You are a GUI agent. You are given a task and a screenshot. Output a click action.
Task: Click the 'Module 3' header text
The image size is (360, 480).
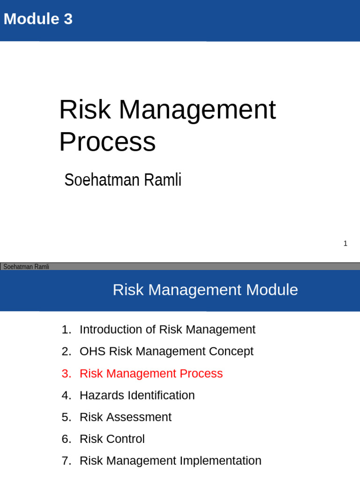[38, 19]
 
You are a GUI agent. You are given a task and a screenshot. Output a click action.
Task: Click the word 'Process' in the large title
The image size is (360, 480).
[107, 142]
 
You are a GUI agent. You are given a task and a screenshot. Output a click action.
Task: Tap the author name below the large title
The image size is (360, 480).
[123, 180]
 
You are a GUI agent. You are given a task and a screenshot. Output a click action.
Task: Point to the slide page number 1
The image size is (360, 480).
[345, 243]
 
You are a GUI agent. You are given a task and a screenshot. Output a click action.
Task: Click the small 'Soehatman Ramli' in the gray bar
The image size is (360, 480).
[26, 267]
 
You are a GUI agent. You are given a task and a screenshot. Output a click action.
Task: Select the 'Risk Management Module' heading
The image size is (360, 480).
[205, 290]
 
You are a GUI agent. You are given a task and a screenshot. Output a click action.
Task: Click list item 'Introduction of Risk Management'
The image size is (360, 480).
[167, 330]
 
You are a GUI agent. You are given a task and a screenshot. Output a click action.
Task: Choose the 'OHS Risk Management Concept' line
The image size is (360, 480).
[166, 352]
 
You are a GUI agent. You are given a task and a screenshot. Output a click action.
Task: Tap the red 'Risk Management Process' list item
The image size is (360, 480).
[151, 374]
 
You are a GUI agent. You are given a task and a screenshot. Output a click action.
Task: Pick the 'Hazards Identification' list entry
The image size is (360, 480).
[137, 395]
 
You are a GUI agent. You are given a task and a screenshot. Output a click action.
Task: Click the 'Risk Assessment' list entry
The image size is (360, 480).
[126, 417]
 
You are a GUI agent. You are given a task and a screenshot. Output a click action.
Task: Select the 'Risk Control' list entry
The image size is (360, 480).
[112, 439]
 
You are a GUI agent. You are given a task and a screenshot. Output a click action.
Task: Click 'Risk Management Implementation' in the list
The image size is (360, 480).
[170, 461]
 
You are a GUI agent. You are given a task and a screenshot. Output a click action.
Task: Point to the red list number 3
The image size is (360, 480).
[65, 374]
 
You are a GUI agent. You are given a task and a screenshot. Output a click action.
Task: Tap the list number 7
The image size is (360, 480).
[65, 461]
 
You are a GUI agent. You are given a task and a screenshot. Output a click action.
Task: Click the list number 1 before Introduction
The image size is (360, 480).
[65, 330]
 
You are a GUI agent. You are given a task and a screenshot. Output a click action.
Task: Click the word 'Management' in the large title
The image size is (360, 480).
[197, 110]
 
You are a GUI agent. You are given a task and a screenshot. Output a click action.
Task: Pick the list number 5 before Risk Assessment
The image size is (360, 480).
[65, 417]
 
